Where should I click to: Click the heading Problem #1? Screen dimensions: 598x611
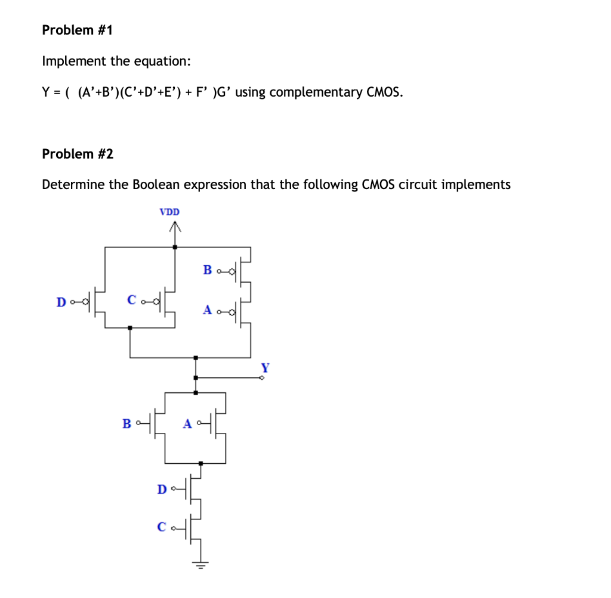coord(77,30)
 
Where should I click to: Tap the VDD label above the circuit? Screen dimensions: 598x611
coord(169,212)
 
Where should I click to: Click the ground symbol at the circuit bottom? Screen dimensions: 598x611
coord(200,564)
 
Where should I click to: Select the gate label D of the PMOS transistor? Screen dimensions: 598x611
coord(61,302)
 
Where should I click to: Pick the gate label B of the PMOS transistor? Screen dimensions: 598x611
coord(207,269)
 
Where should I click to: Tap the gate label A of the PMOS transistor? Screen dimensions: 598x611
coord(207,310)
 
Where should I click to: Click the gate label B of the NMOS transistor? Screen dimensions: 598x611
coord(126,424)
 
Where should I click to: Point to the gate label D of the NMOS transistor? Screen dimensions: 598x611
coord(162,489)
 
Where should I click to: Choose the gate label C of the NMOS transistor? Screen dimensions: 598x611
coord(162,526)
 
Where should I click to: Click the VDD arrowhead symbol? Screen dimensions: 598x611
coord(174,227)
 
